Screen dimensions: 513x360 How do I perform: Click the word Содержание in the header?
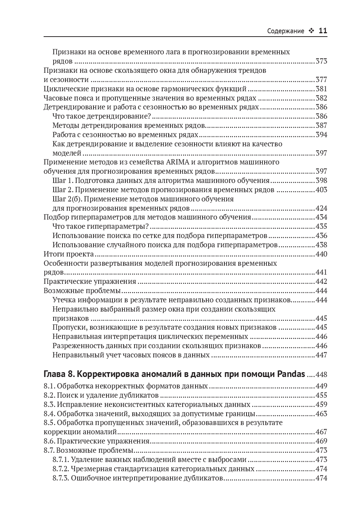(285, 31)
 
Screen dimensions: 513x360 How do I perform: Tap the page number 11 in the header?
(323, 31)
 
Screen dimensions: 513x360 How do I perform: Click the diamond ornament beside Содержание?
(311, 31)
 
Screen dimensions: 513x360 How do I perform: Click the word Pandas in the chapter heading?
(291, 374)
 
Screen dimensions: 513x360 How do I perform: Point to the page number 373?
(321, 61)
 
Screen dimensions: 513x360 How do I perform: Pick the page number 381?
(321, 89)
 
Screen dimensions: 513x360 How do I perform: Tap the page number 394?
(321, 135)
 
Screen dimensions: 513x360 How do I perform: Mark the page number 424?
(321, 208)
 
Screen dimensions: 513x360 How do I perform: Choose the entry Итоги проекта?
(69, 254)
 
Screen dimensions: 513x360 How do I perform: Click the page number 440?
(321, 254)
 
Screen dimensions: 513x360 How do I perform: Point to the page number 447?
(321, 355)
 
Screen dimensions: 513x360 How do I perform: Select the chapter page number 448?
(321, 374)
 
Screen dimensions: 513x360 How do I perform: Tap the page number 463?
(321, 414)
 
